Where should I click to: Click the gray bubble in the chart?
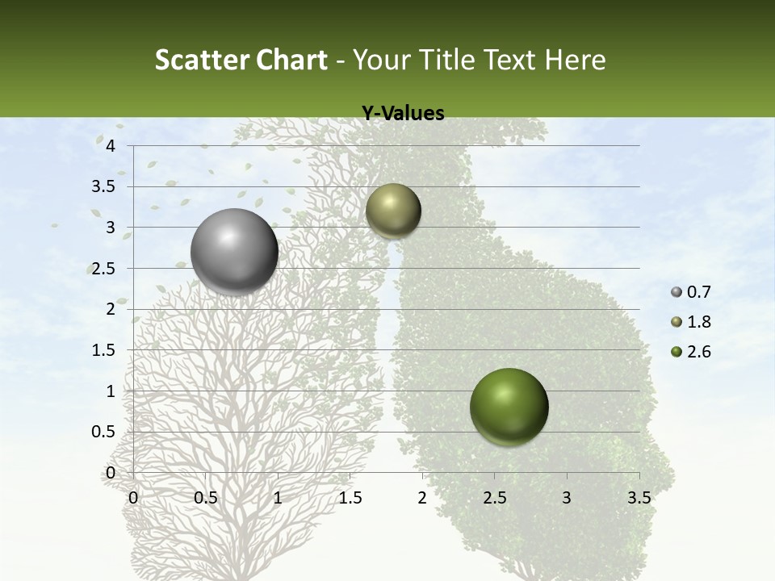tap(234, 252)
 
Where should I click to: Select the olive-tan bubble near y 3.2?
tap(393, 211)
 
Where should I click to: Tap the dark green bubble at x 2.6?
tap(509, 407)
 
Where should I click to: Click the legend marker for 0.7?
tap(677, 292)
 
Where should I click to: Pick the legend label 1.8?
tap(698, 322)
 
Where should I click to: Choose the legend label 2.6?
tap(698, 352)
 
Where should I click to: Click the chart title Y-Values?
tap(402, 114)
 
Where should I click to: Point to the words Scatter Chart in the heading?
tap(241, 60)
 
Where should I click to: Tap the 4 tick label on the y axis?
tap(111, 145)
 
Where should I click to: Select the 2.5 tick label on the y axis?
tap(103, 268)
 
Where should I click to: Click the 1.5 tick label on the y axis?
tap(103, 350)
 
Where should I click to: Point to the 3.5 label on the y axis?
tap(103, 186)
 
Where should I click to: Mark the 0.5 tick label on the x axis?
tap(205, 498)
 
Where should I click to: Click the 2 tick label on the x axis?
tap(421, 498)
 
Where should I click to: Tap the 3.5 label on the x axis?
tap(639, 498)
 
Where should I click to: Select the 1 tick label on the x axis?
tap(278, 498)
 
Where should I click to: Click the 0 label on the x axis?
tap(133, 498)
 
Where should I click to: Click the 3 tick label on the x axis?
tap(566, 498)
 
